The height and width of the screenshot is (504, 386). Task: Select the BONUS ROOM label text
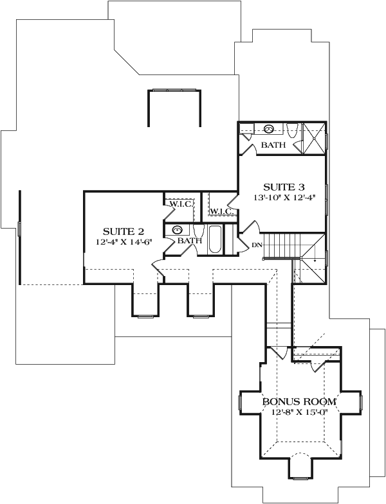click(299, 402)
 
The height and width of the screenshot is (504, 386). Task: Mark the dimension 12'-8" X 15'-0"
click(299, 412)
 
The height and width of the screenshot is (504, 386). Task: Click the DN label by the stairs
click(255, 245)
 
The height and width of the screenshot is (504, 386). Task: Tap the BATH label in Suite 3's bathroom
click(273, 146)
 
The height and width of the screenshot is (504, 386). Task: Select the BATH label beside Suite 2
click(190, 241)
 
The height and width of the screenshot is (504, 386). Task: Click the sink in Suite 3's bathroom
click(269, 128)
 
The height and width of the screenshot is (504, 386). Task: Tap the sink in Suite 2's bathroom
click(177, 229)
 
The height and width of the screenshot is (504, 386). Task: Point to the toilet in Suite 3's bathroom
click(291, 132)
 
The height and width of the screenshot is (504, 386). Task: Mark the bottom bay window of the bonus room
click(299, 477)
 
